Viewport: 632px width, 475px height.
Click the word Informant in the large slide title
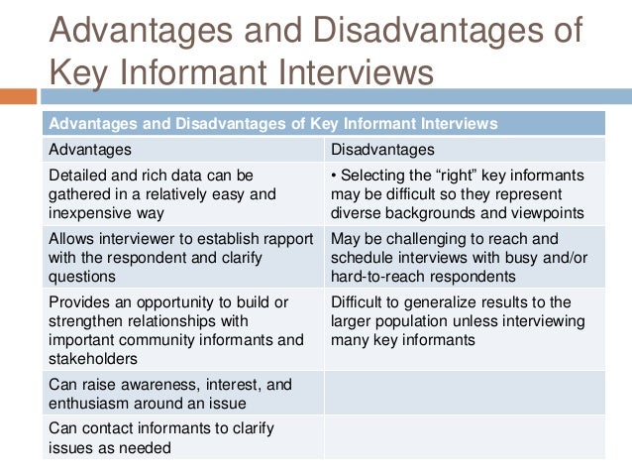(x=203, y=72)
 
